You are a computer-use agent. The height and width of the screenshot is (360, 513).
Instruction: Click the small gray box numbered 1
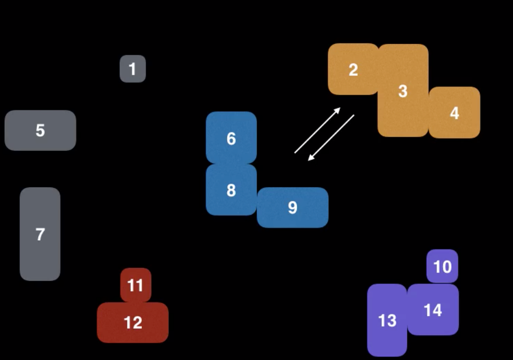132,69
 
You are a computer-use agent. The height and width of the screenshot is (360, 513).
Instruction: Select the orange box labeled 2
353,69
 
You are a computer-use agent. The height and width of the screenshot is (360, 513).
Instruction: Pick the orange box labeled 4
454,113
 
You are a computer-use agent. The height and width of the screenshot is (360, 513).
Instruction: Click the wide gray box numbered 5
40,130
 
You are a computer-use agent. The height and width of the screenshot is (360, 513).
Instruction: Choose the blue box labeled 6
231,138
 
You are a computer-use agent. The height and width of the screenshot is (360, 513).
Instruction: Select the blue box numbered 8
231,189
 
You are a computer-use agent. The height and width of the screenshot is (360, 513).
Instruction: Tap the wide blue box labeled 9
293,208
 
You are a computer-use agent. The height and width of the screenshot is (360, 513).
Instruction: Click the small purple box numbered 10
442,266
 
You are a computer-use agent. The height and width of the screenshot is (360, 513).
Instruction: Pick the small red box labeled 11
136,285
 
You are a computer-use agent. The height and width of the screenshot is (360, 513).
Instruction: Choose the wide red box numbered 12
132,322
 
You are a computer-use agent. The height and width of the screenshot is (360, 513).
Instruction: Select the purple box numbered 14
433,310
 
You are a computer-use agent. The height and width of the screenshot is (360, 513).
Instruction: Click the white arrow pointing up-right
318,130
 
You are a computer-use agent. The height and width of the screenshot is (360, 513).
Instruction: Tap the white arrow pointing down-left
331,138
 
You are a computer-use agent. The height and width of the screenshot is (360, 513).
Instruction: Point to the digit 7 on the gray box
40,234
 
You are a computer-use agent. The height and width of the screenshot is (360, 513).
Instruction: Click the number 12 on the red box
132,322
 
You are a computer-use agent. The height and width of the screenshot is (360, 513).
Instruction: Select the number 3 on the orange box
403,91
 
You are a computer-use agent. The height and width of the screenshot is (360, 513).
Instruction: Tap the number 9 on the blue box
293,208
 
